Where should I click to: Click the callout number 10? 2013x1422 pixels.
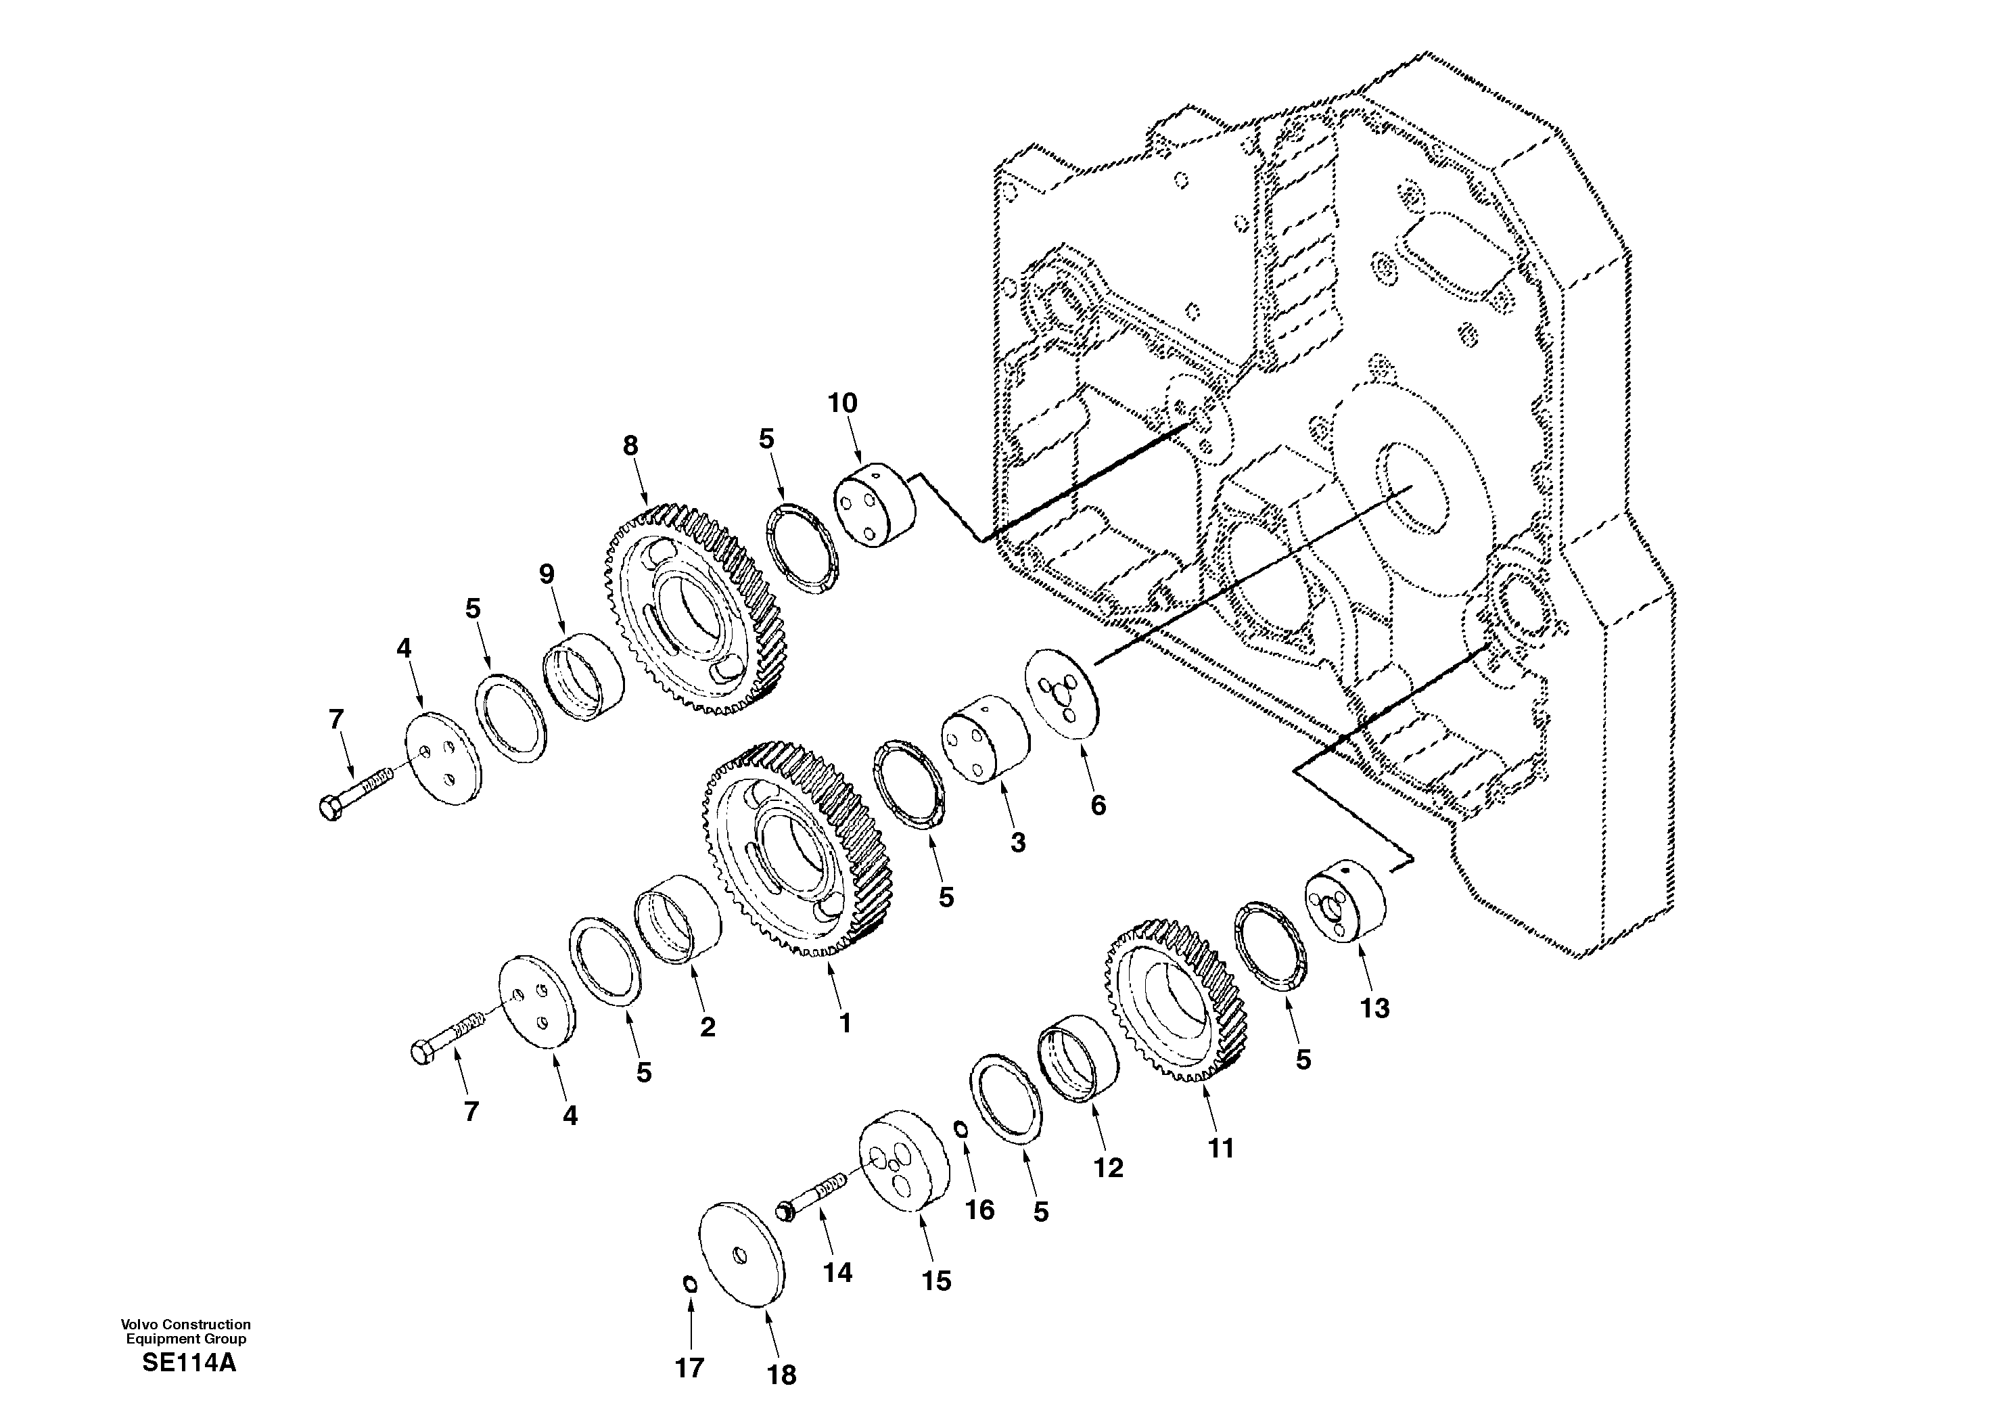[843, 403]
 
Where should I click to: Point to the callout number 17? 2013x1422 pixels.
[689, 1368]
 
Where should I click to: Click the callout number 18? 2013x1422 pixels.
[781, 1375]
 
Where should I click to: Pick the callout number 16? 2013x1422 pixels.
[979, 1210]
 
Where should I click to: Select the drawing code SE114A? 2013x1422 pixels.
[189, 1363]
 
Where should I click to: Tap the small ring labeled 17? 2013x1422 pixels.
[689, 1285]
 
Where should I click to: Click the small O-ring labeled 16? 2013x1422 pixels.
[962, 1130]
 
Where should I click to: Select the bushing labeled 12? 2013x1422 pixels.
[1078, 1057]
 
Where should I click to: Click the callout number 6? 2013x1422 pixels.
[1098, 805]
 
